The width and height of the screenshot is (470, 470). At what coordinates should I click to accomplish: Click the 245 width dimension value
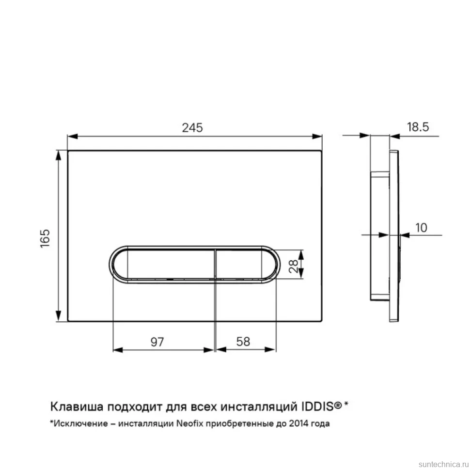(x=192, y=128)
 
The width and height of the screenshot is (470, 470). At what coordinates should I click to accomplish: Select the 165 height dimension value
(x=45, y=238)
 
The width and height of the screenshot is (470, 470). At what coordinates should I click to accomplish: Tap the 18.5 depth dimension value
(x=418, y=127)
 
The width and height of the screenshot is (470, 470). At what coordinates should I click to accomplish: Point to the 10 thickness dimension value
(x=421, y=228)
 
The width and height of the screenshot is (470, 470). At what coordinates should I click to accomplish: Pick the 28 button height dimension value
(x=294, y=266)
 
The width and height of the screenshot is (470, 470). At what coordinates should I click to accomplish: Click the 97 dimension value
(x=157, y=342)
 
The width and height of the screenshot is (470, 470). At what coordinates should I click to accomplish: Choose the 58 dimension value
(x=243, y=342)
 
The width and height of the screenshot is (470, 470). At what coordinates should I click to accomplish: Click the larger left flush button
(x=164, y=265)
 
